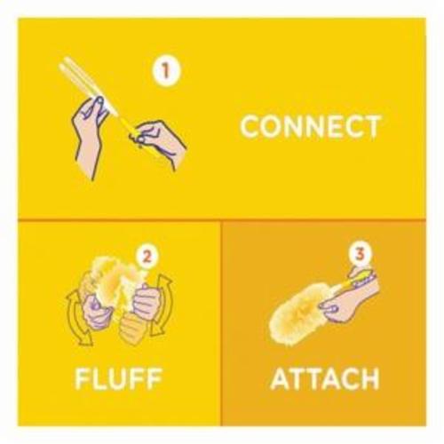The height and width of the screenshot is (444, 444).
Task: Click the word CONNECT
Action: pos(310,126)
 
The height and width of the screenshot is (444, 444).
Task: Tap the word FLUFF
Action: pos(118,378)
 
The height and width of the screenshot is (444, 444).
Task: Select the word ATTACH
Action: pos(325,379)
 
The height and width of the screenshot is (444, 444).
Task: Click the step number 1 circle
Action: pos(166,71)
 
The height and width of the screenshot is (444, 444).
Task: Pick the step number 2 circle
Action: pos(147,257)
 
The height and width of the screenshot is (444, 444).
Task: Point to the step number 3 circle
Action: pos(359,254)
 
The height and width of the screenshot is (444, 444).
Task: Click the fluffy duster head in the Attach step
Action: pos(299,313)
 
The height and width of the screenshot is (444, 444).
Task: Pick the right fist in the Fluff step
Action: pos(147,299)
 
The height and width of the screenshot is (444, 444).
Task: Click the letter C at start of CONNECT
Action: pos(250,126)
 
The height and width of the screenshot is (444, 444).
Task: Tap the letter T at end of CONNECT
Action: pos(370,127)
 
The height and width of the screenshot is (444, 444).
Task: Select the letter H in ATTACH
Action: pos(370,379)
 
